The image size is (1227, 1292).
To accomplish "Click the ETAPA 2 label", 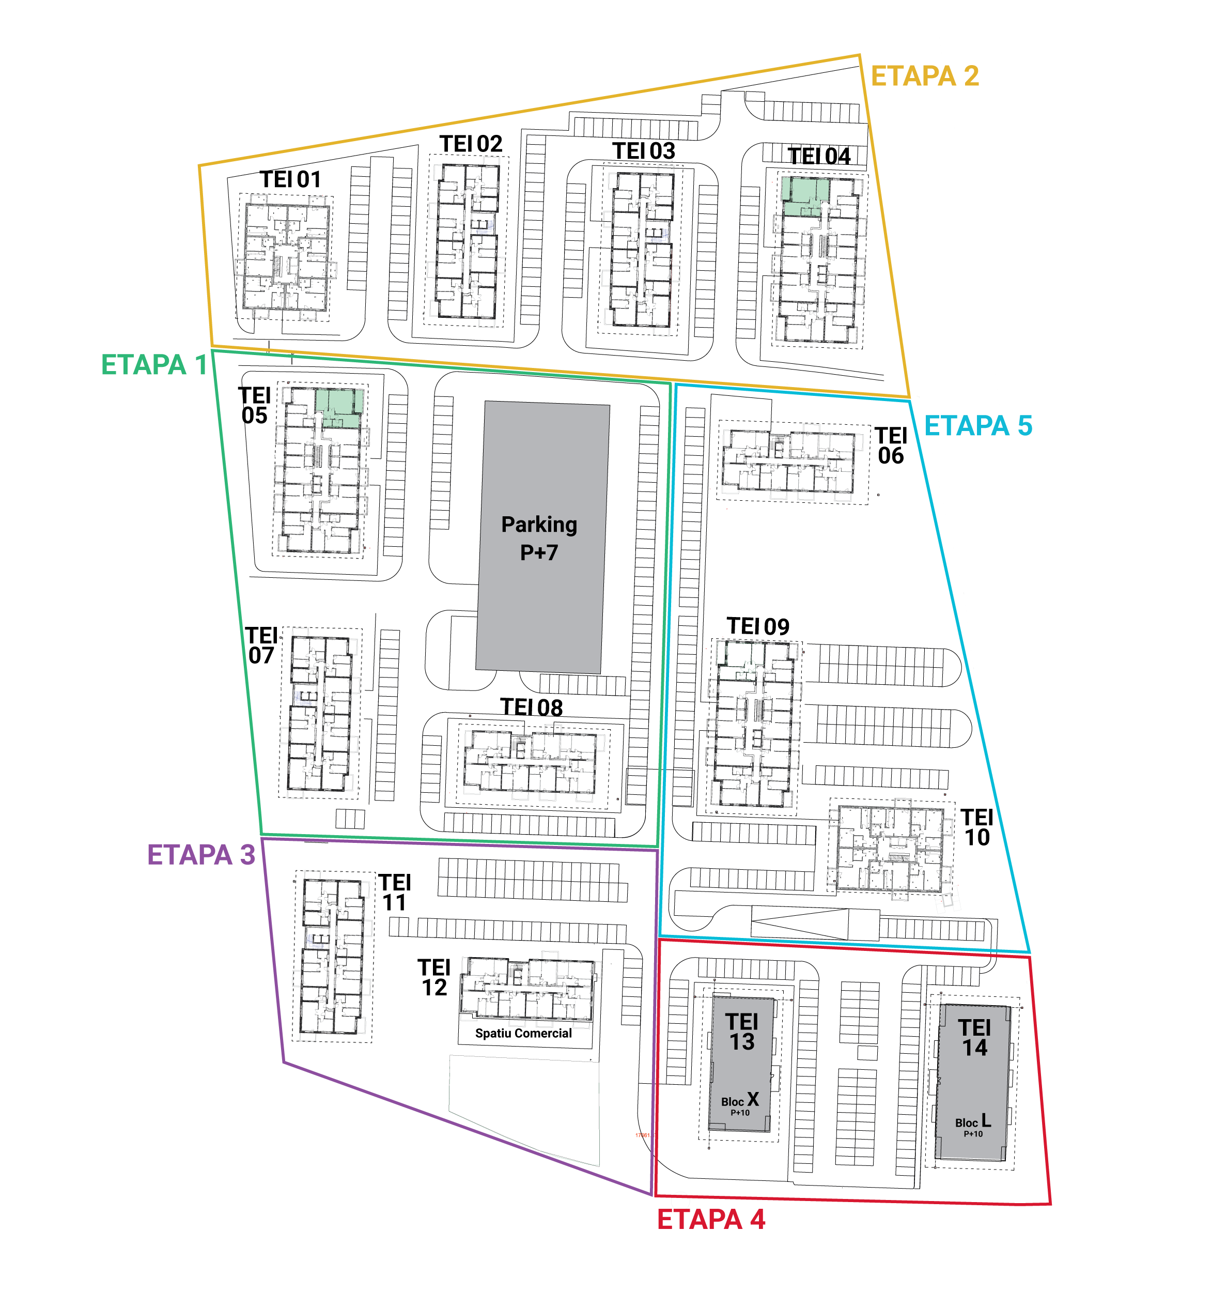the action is pyautogui.click(x=924, y=76).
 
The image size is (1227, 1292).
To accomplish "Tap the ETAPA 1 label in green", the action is pyautogui.click(x=154, y=365).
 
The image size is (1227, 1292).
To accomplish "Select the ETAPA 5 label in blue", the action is pyautogui.click(x=978, y=426).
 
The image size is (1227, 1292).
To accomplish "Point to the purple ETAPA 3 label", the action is pyautogui.click(x=201, y=855).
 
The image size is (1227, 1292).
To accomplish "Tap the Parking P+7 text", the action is pyautogui.click(x=539, y=539).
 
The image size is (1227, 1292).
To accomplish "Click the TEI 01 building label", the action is pyautogui.click(x=290, y=179).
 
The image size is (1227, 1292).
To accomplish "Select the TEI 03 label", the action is pyautogui.click(x=644, y=151).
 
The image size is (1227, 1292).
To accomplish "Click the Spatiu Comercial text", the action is pyautogui.click(x=523, y=1034).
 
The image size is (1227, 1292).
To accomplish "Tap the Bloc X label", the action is pyautogui.click(x=740, y=1100).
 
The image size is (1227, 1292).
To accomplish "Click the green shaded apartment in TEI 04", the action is pyautogui.click(x=804, y=196).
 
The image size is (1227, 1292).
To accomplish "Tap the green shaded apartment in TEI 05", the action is pyautogui.click(x=339, y=409).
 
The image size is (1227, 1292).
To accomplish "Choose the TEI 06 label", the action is pyautogui.click(x=891, y=445).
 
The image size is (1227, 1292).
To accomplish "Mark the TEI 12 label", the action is pyautogui.click(x=434, y=977).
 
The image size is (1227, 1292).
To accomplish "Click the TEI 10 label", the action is pyautogui.click(x=977, y=827).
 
